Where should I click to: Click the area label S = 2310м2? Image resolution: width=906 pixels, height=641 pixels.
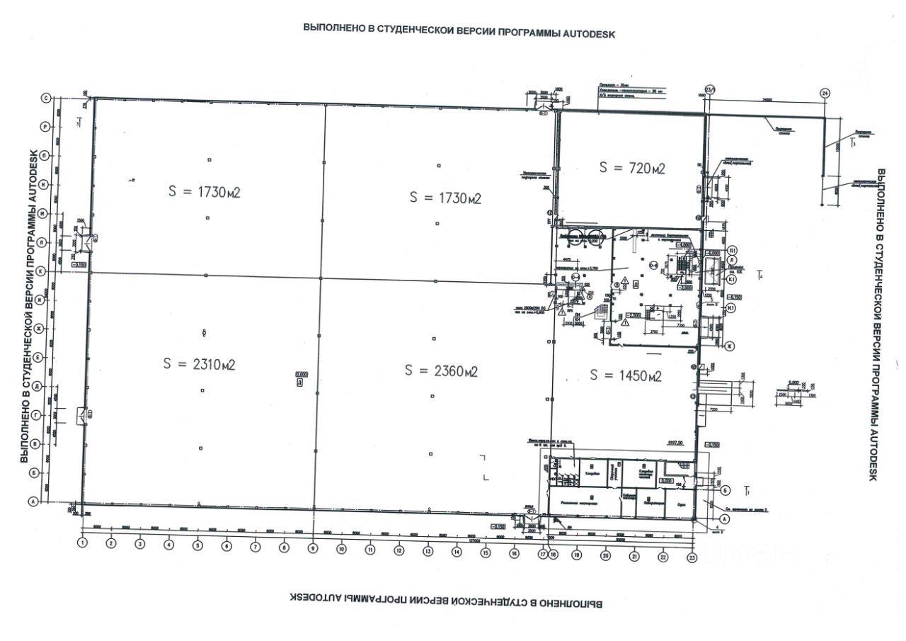tap(199, 364)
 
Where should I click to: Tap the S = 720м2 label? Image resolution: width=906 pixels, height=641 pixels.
tap(632, 168)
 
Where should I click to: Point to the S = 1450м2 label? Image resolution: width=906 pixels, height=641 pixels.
tap(626, 375)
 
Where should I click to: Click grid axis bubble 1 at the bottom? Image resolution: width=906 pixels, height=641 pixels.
tap(82, 543)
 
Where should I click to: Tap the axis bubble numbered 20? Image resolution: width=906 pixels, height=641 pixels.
tap(605, 556)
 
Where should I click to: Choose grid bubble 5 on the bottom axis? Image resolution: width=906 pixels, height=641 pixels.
tap(197, 545)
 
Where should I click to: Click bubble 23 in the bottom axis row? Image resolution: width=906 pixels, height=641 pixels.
tap(692, 558)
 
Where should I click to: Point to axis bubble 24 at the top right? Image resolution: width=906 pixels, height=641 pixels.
tap(824, 93)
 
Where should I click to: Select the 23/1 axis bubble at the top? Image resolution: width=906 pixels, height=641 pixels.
tap(711, 89)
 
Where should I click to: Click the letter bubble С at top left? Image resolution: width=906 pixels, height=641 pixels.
tap(47, 99)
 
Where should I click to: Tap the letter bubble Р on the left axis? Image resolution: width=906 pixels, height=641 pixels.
tap(45, 126)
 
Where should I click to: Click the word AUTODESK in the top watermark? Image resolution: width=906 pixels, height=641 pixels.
tap(585, 33)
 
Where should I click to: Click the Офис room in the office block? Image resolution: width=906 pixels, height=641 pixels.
tap(680, 505)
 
